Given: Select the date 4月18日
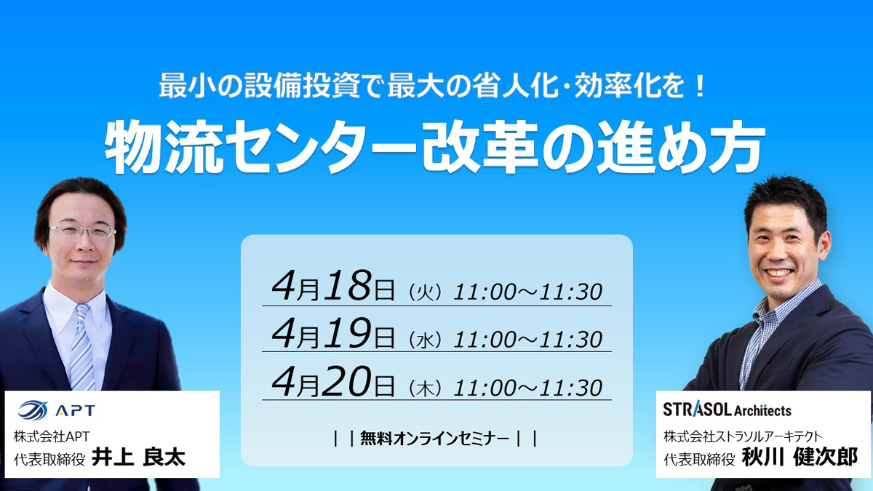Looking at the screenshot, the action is click(333, 287).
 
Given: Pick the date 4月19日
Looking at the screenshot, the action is click(333, 333).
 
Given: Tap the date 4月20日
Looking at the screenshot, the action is click(333, 381).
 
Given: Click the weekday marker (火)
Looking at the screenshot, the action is click(425, 292).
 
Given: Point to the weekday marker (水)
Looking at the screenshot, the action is click(425, 340).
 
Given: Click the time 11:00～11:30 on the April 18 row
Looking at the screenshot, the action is click(527, 292).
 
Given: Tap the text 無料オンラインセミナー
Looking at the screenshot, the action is click(434, 439).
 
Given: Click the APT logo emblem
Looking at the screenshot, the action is click(33, 410).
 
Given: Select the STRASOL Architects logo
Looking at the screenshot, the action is click(727, 410).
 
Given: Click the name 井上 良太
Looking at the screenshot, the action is click(138, 458).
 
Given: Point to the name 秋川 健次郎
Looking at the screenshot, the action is click(800, 457).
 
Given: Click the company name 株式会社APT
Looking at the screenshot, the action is click(52, 436).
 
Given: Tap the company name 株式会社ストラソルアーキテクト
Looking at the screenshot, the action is click(743, 436).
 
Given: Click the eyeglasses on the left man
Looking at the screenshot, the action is click(83, 231).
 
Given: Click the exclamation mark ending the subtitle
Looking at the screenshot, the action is click(701, 87).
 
